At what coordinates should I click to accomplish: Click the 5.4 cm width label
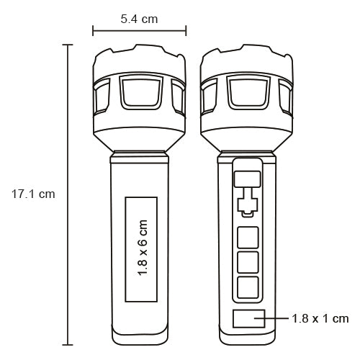[139, 19]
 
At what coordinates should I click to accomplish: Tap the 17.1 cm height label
[33, 194]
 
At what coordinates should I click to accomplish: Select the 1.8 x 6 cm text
[142, 248]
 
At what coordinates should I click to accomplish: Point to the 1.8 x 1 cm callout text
[320, 319]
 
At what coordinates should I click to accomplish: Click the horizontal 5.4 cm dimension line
[140, 31]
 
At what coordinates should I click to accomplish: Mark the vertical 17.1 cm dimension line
[68, 194]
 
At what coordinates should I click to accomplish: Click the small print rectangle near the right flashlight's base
[249, 318]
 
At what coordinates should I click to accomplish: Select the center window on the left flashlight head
[141, 92]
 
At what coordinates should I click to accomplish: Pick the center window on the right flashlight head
[248, 92]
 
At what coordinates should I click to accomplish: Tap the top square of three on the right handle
[248, 238]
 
